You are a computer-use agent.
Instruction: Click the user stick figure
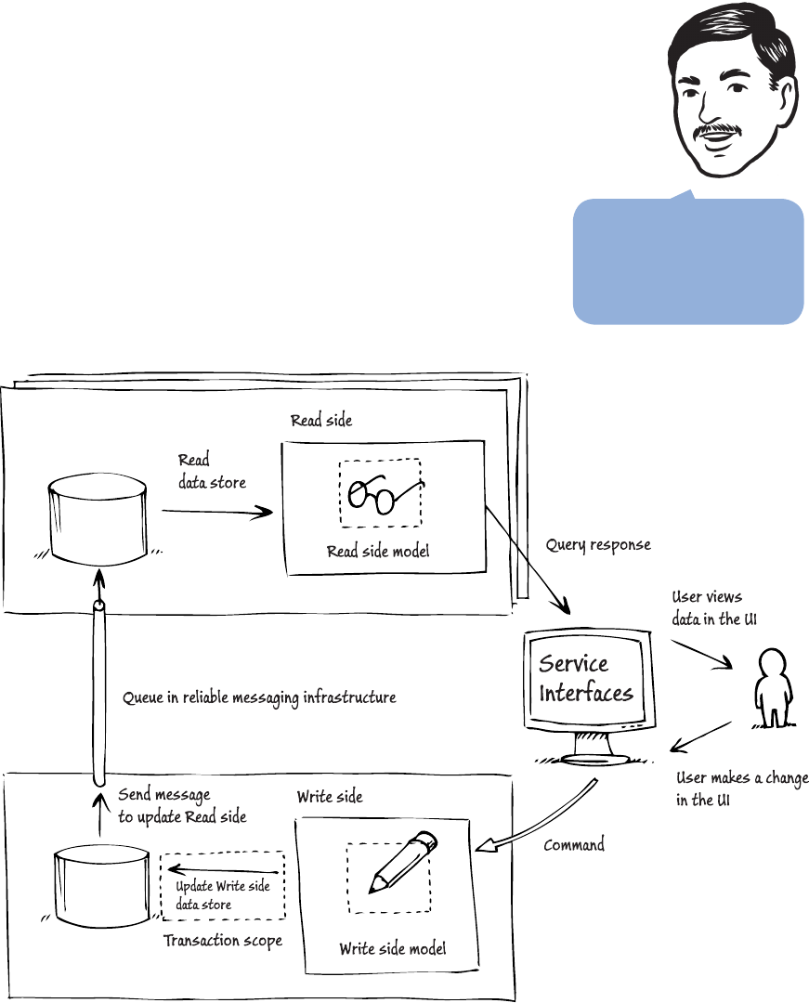(768, 687)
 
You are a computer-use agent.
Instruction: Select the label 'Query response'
(598, 545)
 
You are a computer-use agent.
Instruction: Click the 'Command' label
(574, 845)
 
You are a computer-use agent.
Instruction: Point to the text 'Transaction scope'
(223, 941)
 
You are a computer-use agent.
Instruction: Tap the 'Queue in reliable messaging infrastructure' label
(259, 697)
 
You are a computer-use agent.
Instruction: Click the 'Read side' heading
(321, 421)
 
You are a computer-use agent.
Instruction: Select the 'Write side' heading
(330, 797)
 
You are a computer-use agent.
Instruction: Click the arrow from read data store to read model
(218, 510)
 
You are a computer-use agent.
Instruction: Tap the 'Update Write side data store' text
(223, 894)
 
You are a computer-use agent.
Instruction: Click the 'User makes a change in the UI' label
(741, 788)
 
